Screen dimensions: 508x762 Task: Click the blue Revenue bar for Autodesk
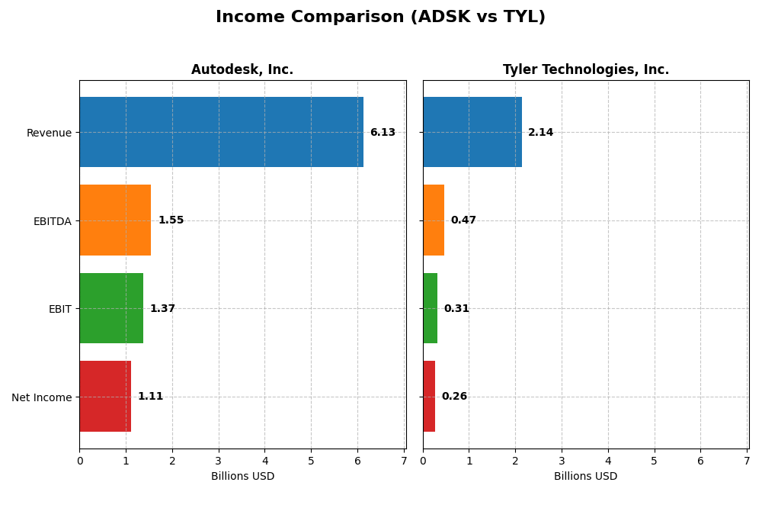pos(221,132)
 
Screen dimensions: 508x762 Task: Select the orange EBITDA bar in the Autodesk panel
pos(115,220)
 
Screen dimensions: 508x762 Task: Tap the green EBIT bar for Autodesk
pos(111,308)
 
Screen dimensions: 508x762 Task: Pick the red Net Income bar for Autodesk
pos(105,396)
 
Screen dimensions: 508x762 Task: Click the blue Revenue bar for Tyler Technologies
pos(472,132)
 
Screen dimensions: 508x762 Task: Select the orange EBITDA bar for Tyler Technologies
pos(434,220)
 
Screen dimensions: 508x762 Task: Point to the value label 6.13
pos(383,133)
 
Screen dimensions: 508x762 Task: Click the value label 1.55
pos(171,220)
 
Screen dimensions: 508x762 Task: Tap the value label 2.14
pos(540,133)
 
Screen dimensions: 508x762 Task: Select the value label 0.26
pos(454,397)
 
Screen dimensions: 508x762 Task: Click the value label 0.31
pos(456,309)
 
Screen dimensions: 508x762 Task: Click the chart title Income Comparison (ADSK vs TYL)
pos(380,17)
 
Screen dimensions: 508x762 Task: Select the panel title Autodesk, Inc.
pos(242,70)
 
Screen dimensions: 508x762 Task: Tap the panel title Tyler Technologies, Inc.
pos(585,70)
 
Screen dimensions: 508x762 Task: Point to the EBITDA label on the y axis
pos(52,221)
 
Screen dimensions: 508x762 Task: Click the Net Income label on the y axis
pos(41,397)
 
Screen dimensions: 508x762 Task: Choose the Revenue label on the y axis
pos(49,133)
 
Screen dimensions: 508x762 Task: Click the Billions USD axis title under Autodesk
pos(242,477)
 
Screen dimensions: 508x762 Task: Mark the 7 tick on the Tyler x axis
pos(746,461)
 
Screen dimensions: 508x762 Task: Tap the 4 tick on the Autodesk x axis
pos(265,461)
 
